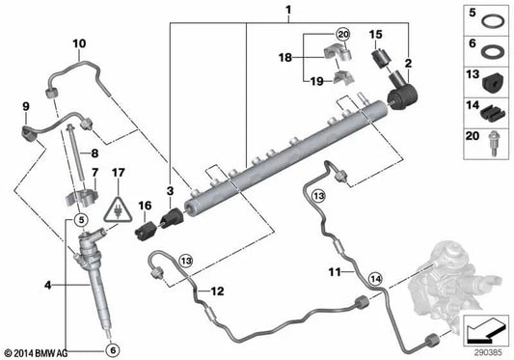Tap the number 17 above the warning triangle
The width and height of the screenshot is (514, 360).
click(x=118, y=174)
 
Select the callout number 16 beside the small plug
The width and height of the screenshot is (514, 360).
click(x=146, y=207)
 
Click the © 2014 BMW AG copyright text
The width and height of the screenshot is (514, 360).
click(x=40, y=351)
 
